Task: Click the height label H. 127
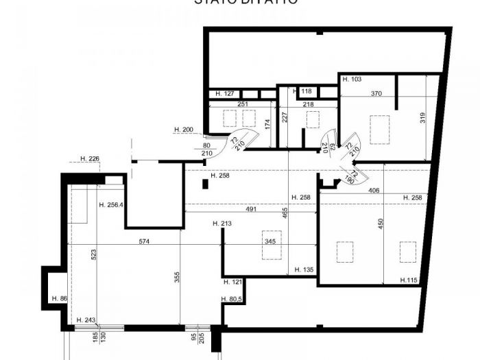226,93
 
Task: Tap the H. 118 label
302,91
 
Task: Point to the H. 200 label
184,130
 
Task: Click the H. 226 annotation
90,159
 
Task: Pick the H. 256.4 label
110,204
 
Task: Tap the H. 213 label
223,224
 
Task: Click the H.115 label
409,280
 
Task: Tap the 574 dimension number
143,241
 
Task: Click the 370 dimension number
376,93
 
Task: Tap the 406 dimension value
374,191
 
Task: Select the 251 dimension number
241,104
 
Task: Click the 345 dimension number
270,242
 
